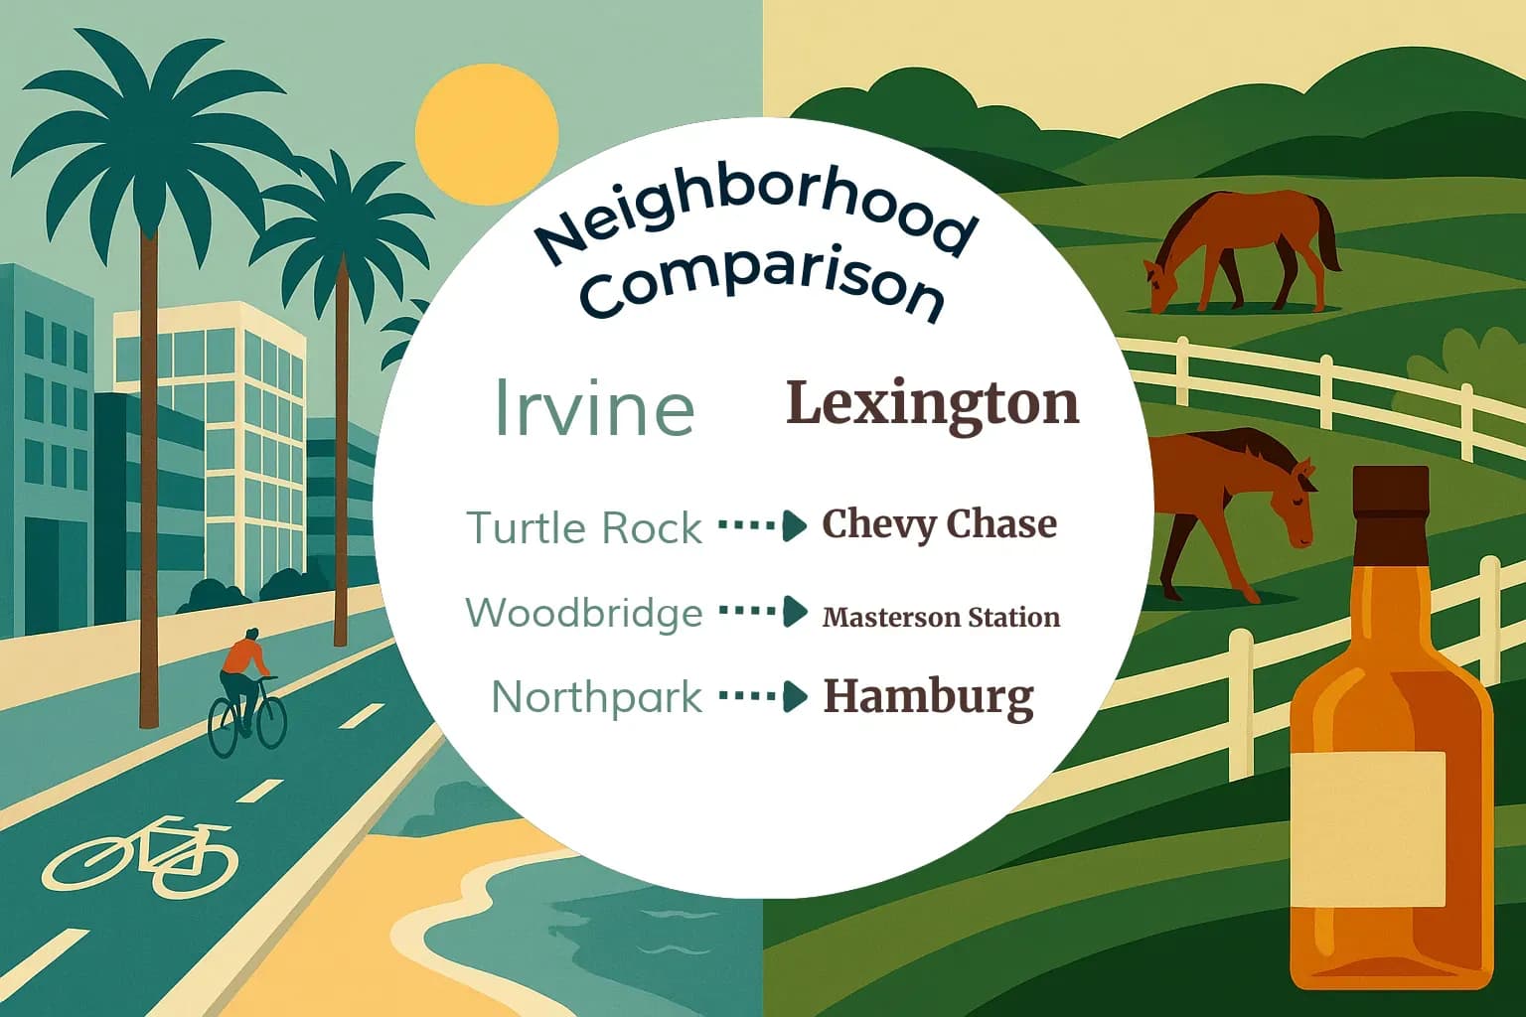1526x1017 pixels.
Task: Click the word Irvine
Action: [593, 406]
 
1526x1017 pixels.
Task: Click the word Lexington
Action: [932, 404]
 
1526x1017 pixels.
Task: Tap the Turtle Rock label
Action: [584, 527]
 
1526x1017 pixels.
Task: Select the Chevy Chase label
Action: [939, 524]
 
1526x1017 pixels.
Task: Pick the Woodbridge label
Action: [584, 612]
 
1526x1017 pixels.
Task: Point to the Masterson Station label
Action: [941, 617]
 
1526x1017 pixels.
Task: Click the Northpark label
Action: [597, 697]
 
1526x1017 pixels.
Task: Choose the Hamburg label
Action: [928, 697]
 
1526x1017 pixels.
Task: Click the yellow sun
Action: [486, 136]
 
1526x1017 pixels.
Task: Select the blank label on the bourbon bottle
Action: [1369, 828]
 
